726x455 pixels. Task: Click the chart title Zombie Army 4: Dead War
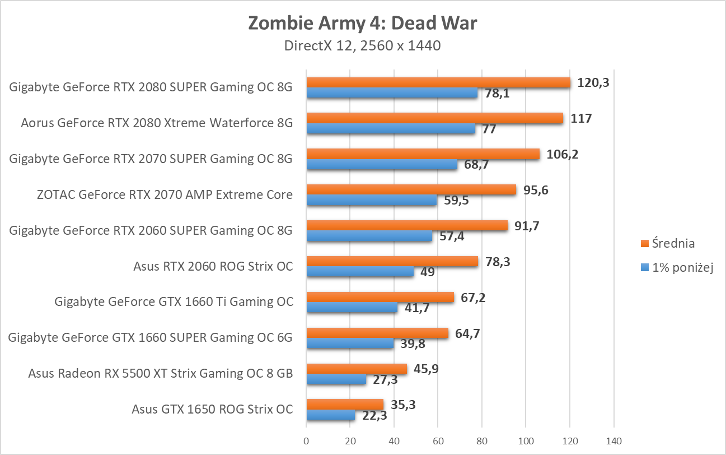(x=362, y=24)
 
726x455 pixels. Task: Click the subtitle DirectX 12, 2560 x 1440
(x=362, y=46)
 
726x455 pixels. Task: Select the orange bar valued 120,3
(x=438, y=82)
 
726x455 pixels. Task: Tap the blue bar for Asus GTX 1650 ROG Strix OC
(x=330, y=415)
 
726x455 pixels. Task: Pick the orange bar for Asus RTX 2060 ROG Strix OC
(x=392, y=262)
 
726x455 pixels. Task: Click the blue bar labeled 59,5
(x=371, y=200)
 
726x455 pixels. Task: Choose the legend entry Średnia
(x=667, y=243)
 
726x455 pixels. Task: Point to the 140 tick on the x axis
(x=613, y=441)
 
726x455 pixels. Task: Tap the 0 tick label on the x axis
(x=306, y=441)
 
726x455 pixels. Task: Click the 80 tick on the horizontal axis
(x=482, y=441)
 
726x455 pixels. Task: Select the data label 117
(x=580, y=118)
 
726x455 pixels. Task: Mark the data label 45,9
(x=424, y=369)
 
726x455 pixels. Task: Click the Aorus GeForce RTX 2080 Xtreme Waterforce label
(x=157, y=123)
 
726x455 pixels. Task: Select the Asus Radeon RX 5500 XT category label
(x=160, y=374)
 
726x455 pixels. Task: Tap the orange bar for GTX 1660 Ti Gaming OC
(x=380, y=298)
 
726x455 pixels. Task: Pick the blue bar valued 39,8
(x=349, y=343)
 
